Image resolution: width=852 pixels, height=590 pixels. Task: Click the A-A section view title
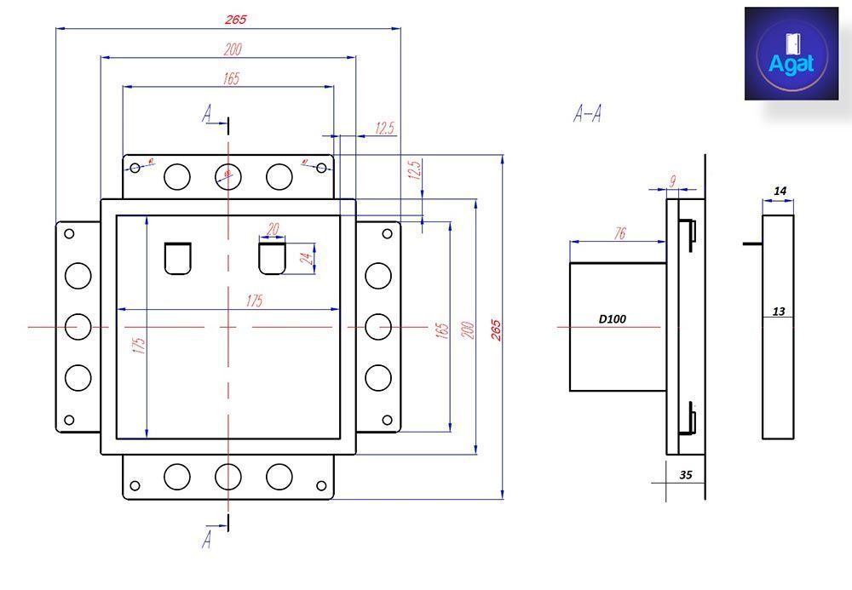click(x=587, y=114)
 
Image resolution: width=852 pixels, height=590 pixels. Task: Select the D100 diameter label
click(x=612, y=319)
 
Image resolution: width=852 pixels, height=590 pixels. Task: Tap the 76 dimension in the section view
click(x=619, y=233)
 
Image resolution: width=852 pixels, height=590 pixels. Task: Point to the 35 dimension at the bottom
click(x=685, y=476)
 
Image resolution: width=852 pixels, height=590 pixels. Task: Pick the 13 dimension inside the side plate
click(x=778, y=312)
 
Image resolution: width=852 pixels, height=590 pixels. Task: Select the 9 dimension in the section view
click(x=672, y=180)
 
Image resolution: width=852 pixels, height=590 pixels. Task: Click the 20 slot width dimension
click(x=273, y=230)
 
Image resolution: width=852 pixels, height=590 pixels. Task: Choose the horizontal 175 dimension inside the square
click(x=254, y=301)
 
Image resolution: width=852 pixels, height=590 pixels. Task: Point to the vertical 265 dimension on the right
click(x=496, y=329)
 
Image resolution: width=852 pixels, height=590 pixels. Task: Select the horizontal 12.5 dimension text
click(x=384, y=129)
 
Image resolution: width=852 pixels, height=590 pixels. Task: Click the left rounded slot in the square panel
click(x=178, y=259)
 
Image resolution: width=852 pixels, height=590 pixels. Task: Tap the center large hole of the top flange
click(x=227, y=176)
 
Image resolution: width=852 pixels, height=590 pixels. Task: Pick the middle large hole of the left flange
click(x=78, y=326)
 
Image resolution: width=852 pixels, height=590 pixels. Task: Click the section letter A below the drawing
click(x=206, y=538)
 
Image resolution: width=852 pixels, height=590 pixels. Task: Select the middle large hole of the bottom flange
click(x=227, y=477)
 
